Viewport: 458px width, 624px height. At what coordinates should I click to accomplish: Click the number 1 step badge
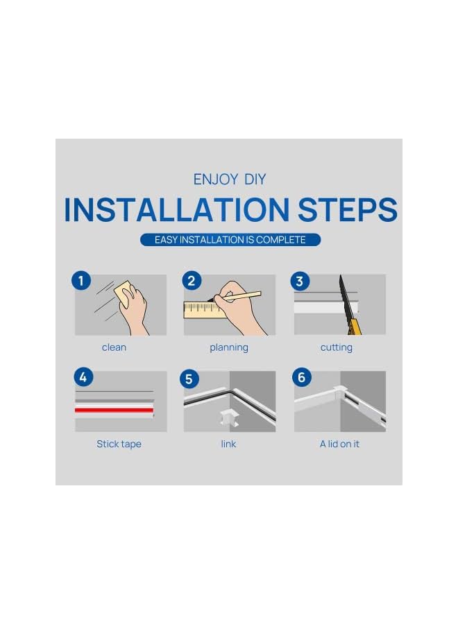[81, 281]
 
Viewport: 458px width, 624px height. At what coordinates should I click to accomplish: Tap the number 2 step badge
[192, 281]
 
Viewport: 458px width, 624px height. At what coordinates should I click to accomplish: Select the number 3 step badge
[300, 281]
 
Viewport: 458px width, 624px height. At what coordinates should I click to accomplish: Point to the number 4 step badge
[84, 377]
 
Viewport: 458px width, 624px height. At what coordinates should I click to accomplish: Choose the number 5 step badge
[189, 379]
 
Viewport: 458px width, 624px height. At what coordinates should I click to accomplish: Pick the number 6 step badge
[301, 377]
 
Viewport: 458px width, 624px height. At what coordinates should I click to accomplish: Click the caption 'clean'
[114, 347]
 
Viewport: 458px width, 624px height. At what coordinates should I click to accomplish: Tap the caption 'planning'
[229, 348]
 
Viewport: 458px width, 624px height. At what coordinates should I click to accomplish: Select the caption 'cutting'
[337, 348]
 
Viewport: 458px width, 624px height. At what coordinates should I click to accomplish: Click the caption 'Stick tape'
[119, 444]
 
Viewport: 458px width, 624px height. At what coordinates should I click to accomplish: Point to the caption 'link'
[228, 444]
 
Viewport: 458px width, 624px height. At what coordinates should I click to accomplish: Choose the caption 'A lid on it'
[340, 444]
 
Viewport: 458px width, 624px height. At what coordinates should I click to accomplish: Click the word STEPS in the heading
[347, 209]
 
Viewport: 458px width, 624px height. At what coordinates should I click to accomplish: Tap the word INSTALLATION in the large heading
[176, 209]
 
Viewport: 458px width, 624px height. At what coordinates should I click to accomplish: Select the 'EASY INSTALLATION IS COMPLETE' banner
[230, 240]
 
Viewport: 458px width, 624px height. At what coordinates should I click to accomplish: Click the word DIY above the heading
[255, 180]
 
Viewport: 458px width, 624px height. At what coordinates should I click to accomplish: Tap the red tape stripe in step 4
[114, 410]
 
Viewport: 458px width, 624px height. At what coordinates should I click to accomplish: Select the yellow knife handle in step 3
[355, 326]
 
